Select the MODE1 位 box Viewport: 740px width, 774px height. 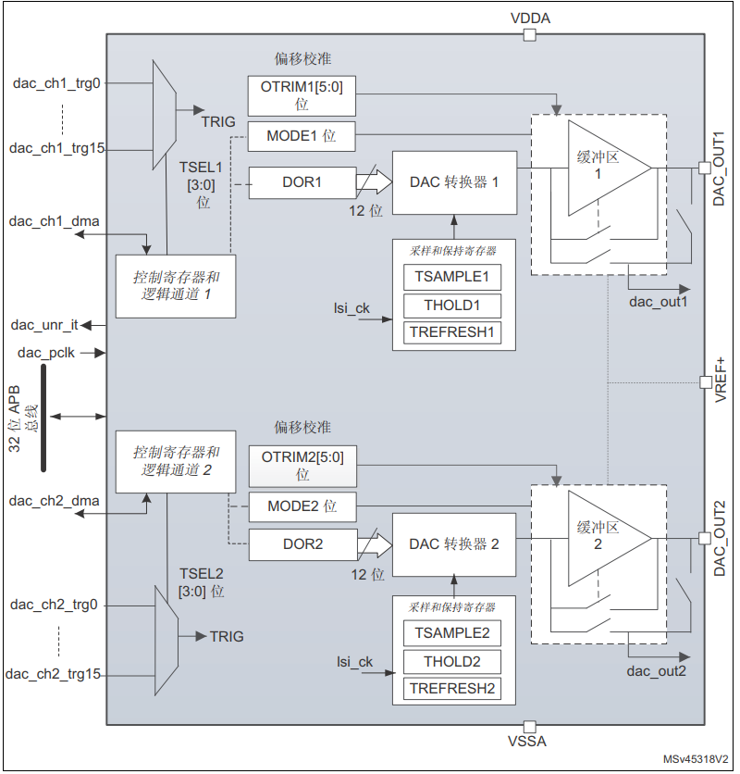[302, 137]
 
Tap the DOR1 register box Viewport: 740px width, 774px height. [302, 182]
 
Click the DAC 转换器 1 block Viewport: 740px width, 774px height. [454, 182]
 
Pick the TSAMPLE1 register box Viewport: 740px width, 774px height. [451, 277]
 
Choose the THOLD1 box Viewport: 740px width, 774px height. [451, 306]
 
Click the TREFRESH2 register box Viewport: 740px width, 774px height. [451, 689]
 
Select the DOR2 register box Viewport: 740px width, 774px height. [302, 544]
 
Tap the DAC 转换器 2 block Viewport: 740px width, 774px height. [454, 544]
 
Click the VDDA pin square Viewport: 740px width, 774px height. [529, 35]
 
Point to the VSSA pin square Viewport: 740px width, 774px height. [529, 727]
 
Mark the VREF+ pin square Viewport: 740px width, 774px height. [706, 381]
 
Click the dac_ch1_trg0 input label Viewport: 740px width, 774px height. [56, 83]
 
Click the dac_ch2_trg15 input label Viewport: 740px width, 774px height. [54, 674]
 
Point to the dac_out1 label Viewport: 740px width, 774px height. [657, 302]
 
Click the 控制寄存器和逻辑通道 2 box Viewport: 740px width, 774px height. [172, 461]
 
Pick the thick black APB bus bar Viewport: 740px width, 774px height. [43, 418]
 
